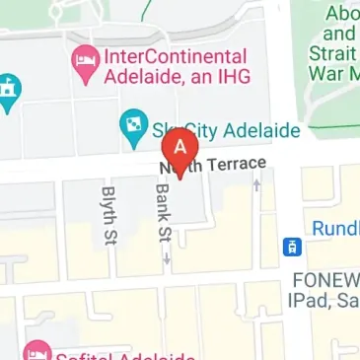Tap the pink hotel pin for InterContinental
(x=84, y=63)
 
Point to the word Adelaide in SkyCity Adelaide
(x=257, y=127)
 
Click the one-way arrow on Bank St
(x=167, y=258)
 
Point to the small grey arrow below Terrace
(x=257, y=183)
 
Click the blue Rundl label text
(x=336, y=229)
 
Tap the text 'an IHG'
(x=222, y=77)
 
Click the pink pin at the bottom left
(x=36, y=350)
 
